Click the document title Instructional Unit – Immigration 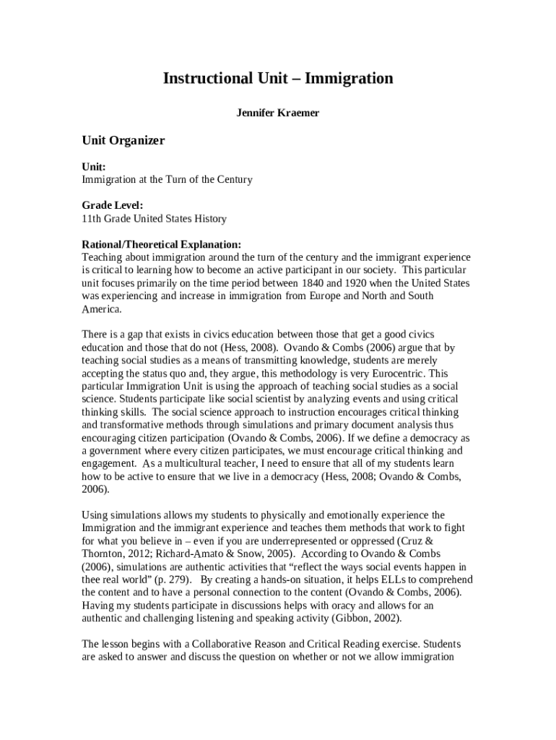coord(278,78)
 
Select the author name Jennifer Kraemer coord(278,113)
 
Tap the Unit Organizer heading coord(123,140)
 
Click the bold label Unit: coord(94,166)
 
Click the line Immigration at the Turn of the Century coord(167,179)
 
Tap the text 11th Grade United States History coord(154,218)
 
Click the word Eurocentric coord(399,374)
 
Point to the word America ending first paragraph coord(101,309)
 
